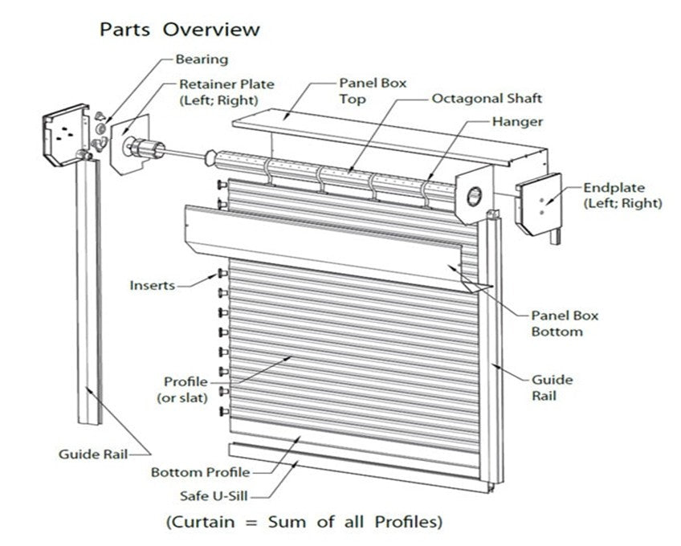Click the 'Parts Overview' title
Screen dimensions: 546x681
179,30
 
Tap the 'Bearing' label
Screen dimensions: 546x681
202,59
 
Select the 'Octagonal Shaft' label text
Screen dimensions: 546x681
487,99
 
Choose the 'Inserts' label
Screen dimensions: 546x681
152,285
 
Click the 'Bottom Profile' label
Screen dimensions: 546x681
200,472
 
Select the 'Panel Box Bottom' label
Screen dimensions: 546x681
565,324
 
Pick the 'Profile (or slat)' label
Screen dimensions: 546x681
185,389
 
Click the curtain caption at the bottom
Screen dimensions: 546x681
304,522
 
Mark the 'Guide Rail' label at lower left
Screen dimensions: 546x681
90,454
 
